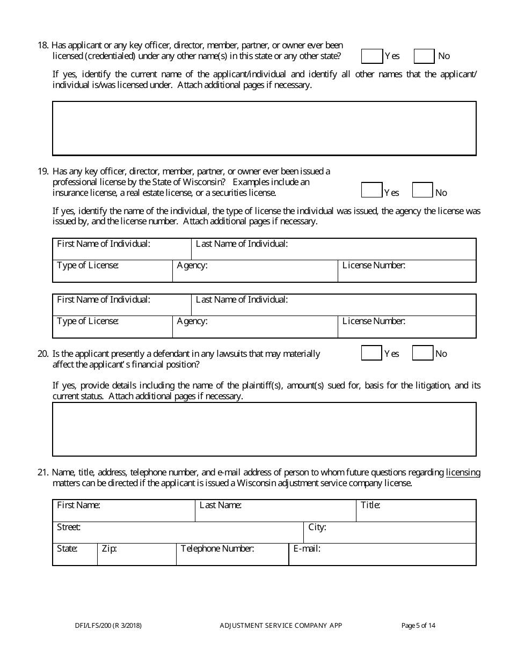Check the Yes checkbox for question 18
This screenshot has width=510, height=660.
[371, 56]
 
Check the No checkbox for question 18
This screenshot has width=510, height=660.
[424, 56]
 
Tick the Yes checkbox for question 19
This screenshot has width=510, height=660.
[371, 190]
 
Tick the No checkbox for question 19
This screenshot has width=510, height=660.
[422, 190]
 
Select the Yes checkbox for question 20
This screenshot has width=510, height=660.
[371, 353]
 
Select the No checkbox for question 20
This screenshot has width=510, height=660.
[422, 353]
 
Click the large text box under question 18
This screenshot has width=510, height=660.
[264, 128]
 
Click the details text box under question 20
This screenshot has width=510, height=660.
[264, 429]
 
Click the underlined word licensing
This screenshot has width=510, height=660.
[463, 473]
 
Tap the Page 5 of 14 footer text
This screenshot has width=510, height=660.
[418, 625]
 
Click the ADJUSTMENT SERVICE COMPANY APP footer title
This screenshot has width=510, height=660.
[281, 625]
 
